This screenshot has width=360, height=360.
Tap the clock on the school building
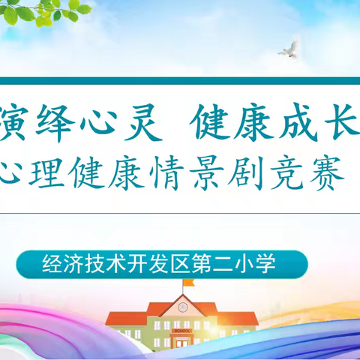click(182, 305)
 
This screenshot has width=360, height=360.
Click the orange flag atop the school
click(188, 283)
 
